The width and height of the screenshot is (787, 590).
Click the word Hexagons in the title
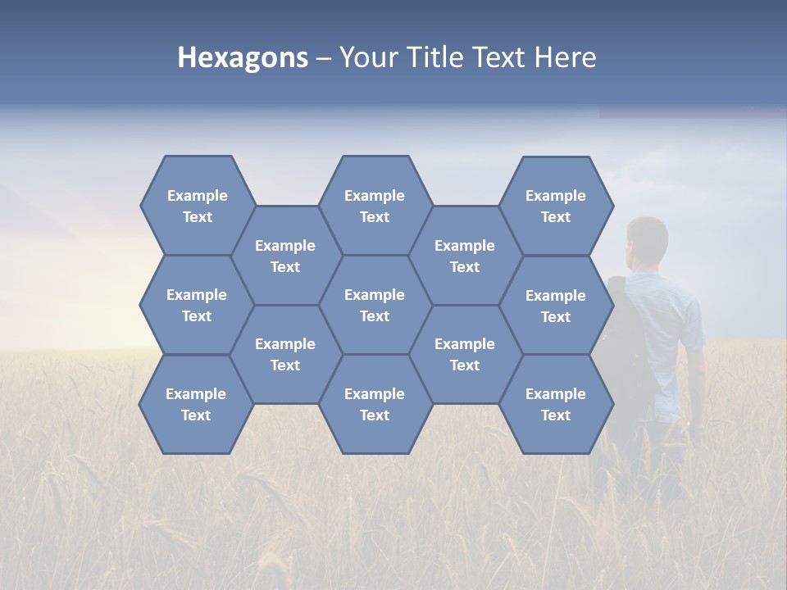(243, 58)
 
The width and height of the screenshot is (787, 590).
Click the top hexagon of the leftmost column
(197, 206)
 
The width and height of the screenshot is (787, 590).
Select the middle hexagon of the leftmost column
(197, 305)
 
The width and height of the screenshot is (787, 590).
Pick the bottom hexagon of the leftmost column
(196, 404)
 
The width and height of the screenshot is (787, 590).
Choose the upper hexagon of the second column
(285, 256)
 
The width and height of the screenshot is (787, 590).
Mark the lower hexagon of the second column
(285, 354)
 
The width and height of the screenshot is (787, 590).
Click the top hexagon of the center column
(375, 206)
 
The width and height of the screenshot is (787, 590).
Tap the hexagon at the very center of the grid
(375, 305)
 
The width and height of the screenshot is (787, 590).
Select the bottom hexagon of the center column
(375, 404)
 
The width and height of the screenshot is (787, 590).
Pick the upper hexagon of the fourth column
(465, 256)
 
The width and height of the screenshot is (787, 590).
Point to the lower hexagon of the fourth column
(465, 354)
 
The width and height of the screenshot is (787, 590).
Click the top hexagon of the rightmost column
(556, 206)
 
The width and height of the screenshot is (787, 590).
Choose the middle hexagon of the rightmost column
(556, 306)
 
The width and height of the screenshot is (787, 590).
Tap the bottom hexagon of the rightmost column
(556, 404)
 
